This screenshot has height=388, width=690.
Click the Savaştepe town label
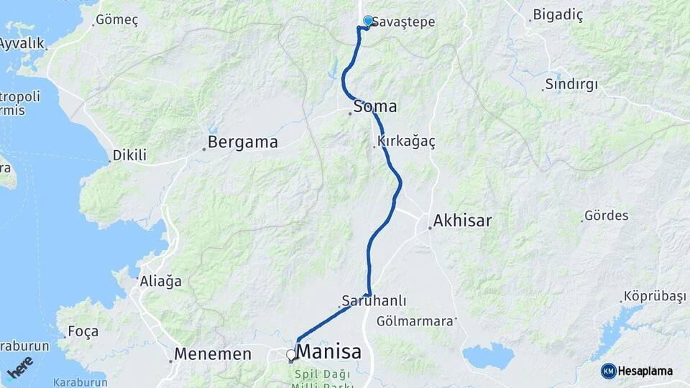405,22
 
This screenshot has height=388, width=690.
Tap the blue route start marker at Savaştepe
369,22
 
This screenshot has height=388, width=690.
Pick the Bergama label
243,142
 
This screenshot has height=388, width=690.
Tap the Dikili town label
130,155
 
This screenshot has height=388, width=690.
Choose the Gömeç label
116,20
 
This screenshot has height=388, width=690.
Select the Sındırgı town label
571,84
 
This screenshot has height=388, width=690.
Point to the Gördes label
607,216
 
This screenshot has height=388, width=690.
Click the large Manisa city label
328,352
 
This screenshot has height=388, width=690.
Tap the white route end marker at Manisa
291,355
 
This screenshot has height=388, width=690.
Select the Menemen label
214,354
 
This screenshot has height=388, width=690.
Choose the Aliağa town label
160,281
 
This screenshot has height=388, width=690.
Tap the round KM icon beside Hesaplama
608,371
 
